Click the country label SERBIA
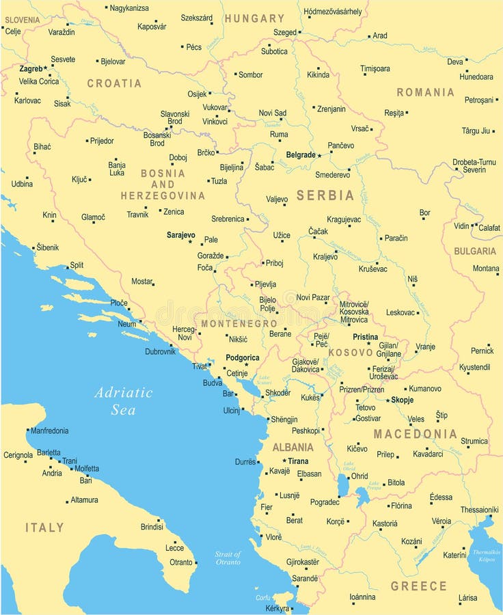(x=325, y=195)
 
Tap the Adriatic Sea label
(x=124, y=401)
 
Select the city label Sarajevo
(x=180, y=234)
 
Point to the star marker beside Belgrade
(x=319, y=156)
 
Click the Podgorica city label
(x=243, y=357)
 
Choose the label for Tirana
(x=298, y=461)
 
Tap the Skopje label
(x=403, y=400)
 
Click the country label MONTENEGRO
(x=239, y=323)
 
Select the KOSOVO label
(x=351, y=353)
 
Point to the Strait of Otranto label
(x=228, y=558)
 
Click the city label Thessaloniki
(x=479, y=510)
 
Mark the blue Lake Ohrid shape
(x=342, y=484)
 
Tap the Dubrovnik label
(x=160, y=351)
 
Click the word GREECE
(x=418, y=586)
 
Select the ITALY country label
(x=45, y=528)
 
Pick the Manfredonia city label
(x=50, y=431)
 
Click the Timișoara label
(x=375, y=68)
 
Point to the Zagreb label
(x=31, y=68)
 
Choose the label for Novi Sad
(x=272, y=113)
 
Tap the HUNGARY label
(x=254, y=18)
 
